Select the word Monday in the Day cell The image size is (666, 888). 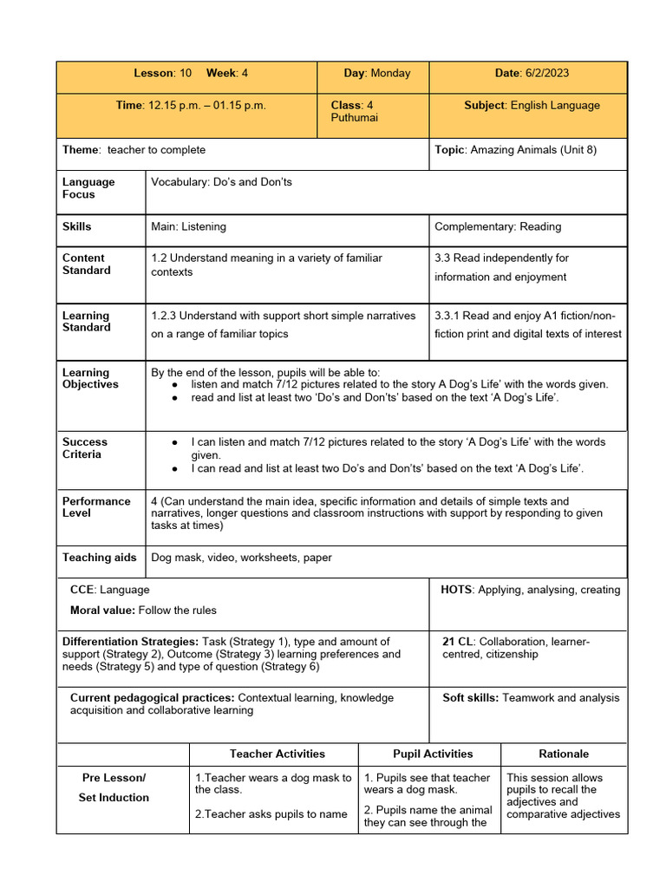[390, 74]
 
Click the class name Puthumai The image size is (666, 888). [354, 118]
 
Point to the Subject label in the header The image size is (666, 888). [486, 105]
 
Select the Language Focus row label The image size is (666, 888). [88, 188]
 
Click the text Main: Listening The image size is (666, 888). [188, 226]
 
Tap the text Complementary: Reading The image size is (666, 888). [498, 226]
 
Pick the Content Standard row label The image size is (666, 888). [87, 264]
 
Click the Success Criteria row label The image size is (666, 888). [85, 447]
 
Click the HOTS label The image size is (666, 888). [455, 590]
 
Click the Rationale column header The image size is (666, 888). [564, 754]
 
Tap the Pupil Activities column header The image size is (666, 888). [433, 754]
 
